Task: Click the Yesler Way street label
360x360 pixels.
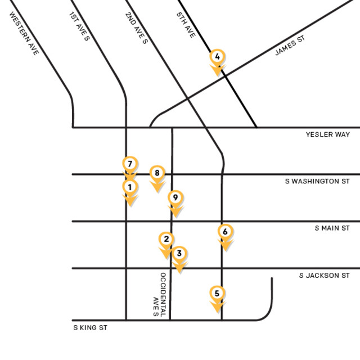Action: click(327, 134)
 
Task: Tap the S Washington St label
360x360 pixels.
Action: click(317, 181)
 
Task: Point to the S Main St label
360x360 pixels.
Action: click(332, 228)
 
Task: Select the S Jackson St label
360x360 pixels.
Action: click(324, 275)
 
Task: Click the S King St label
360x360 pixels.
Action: click(90, 327)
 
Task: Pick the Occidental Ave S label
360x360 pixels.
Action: click(159, 295)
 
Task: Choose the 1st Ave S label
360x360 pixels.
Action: click(79, 26)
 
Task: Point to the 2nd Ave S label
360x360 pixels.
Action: click(137, 26)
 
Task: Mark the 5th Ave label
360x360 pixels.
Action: click(186, 25)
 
